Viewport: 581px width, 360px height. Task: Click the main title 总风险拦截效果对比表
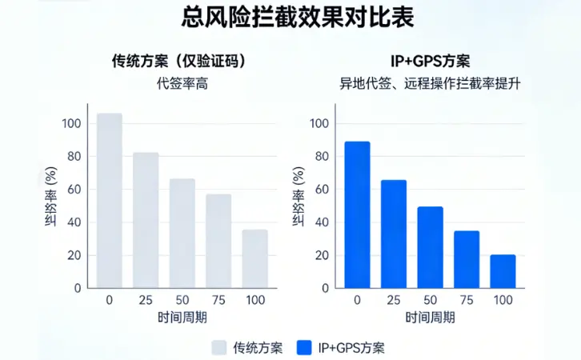click(290, 18)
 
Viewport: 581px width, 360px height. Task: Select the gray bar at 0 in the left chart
click(110, 200)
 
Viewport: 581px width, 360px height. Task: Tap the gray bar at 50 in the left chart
click(182, 233)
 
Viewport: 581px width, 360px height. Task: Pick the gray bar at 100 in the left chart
click(255, 258)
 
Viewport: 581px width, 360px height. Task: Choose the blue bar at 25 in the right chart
click(394, 234)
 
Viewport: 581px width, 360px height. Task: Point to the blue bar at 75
click(467, 259)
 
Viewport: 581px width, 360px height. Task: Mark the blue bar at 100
click(503, 271)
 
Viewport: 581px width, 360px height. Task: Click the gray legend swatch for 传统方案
click(219, 347)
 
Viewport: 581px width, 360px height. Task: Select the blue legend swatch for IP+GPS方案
click(303, 347)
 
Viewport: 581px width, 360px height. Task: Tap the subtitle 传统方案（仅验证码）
click(178, 62)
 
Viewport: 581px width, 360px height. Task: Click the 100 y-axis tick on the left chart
click(72, 123)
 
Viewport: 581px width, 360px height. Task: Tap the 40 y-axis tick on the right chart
click(319, 222)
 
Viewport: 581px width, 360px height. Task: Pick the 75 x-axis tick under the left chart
click(218, 299)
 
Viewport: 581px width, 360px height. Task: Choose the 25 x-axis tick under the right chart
click(394, 299)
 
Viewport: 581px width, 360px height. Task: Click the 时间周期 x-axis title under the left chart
click(182, 317)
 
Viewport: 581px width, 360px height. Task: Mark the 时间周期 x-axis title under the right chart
click(431, 317)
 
